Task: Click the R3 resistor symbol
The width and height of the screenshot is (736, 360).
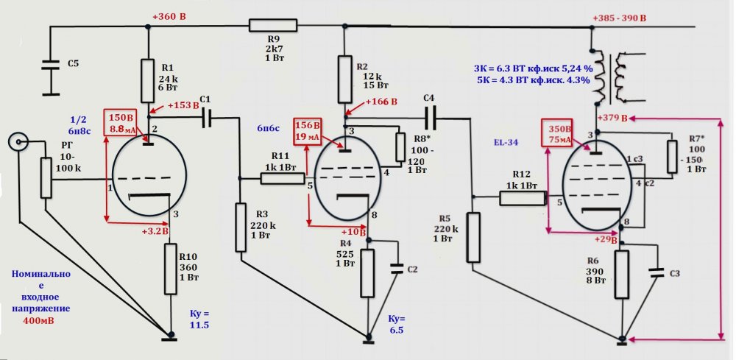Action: tap(240, 227)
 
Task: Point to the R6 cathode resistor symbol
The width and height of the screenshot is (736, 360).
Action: tap(622, 273)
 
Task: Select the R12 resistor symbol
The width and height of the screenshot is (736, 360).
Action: tap(522, 197)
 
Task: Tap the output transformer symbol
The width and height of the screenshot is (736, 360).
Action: tap(610, 77)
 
